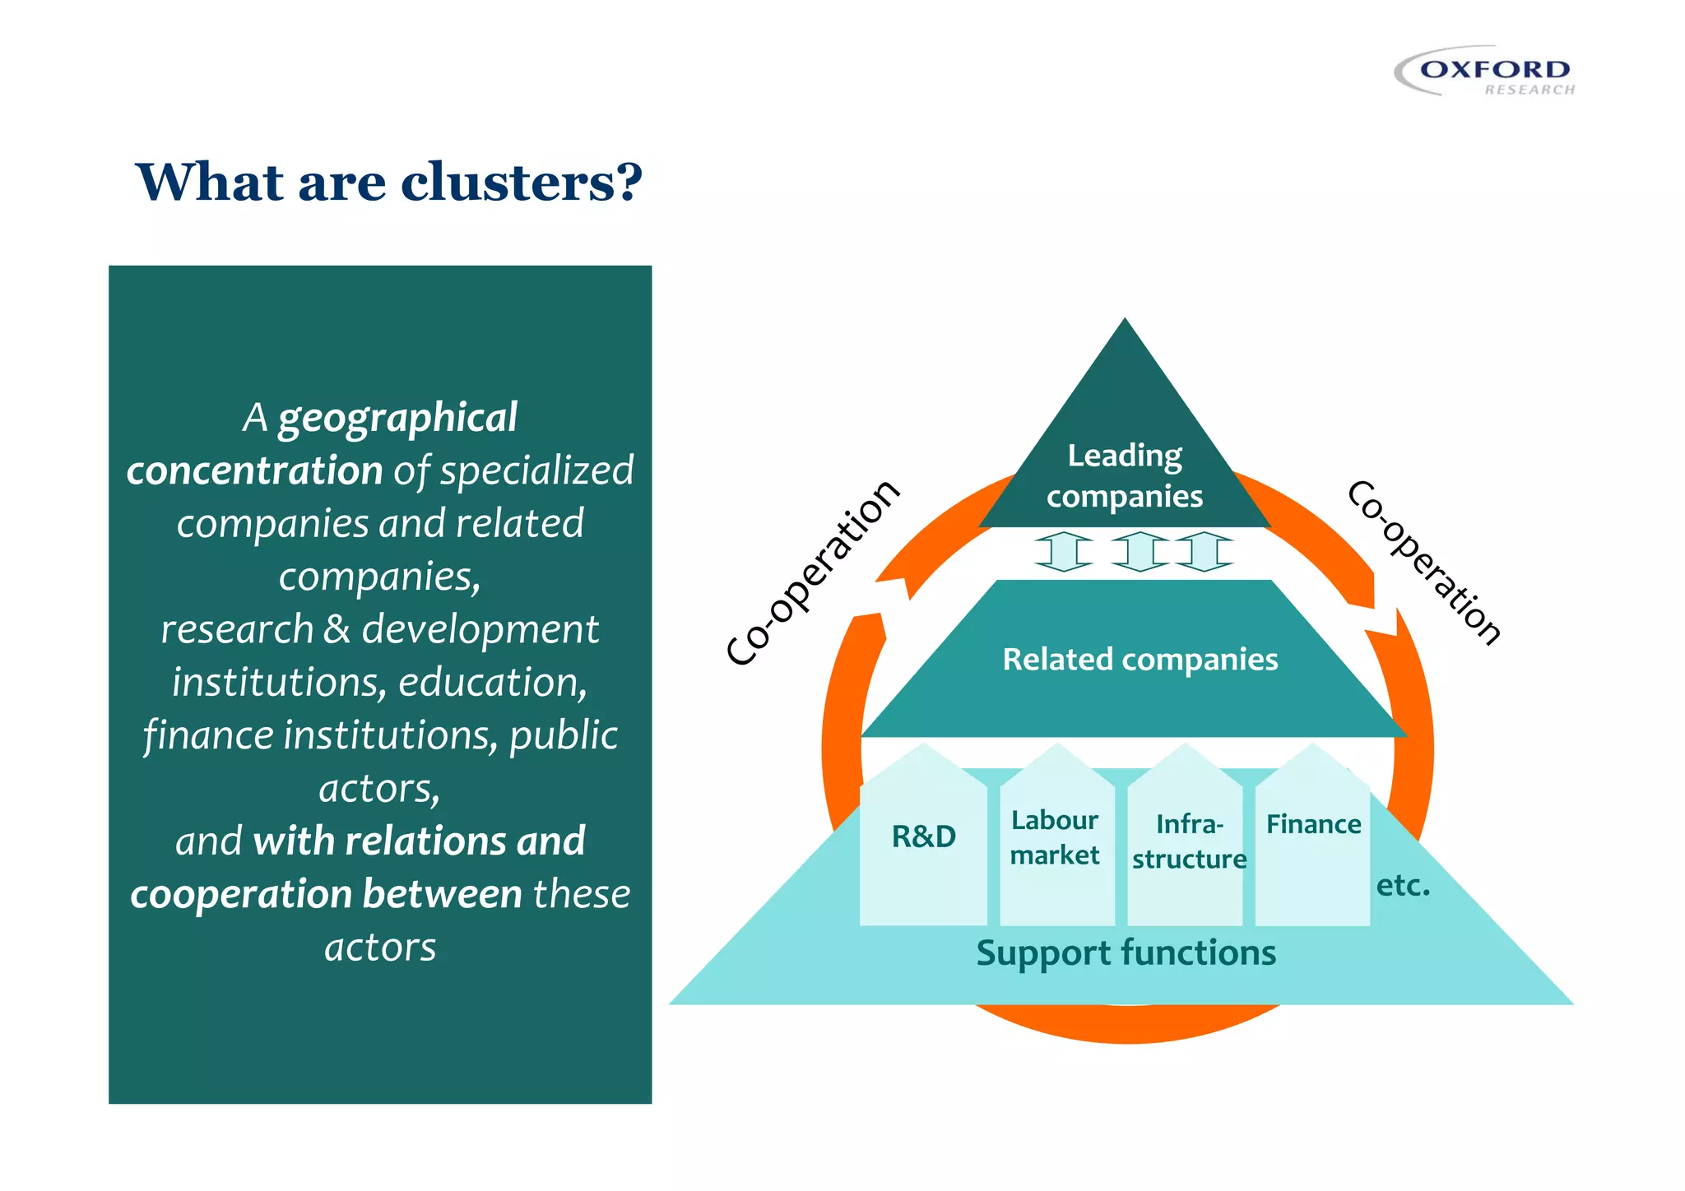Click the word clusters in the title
pyautogui.click(x=520, y=182)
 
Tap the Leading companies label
pyautogui.click(x=1125, y=475)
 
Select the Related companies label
pyautogui.click(x=1140, y=659)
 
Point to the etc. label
pyautogui.click(x=1403, y=885)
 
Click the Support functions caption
pyautogui.click(x=1126, y=952)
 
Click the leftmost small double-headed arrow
pyautogui.click(x=1063, y=551)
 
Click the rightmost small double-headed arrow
pyautogui.click(x=1205, y=551)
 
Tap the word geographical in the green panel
pyautogui.click(x=397, y=418)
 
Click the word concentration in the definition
pyautogui.click(x=254, y=470)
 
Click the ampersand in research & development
pyautogui.click(x=337, y=629)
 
